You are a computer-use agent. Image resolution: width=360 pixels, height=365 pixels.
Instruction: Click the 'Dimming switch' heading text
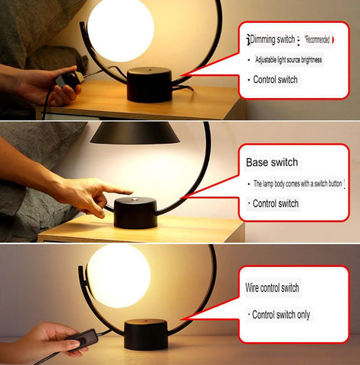274,40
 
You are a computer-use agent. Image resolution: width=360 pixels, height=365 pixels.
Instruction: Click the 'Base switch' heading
272,163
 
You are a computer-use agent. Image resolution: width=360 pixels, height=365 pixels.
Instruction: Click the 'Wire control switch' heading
272,288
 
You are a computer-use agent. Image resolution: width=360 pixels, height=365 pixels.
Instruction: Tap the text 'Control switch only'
281,314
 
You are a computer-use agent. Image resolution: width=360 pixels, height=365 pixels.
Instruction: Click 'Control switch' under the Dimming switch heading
274,79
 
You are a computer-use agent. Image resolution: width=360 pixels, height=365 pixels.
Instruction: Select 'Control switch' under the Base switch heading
275,203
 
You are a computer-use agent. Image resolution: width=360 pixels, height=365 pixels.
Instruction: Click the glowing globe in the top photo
120,28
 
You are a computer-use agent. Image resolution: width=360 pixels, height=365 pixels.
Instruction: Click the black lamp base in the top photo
149,84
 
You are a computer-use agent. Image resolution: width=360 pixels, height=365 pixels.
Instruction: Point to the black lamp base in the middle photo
135,215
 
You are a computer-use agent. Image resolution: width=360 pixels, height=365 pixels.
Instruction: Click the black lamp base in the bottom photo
145,334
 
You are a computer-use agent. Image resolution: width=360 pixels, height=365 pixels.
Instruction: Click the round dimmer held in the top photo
71,77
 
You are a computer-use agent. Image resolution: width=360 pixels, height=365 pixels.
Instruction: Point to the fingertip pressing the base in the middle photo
128,189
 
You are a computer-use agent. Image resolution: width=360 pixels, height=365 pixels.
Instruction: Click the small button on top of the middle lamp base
139,202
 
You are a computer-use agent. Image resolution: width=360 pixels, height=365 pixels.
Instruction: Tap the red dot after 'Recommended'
333,39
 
